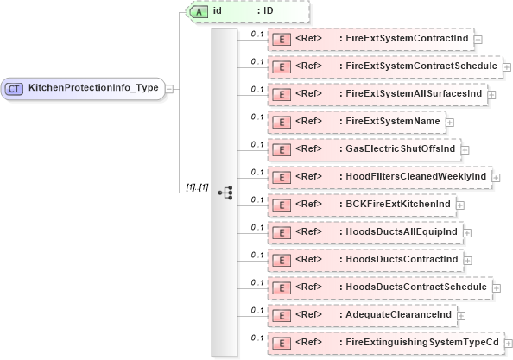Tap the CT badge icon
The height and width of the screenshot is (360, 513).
point(15,87)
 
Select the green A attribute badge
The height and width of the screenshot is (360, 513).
point(197,11)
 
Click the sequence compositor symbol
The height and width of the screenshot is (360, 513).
point(225,192)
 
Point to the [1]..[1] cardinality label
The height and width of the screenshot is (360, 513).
point(198,187)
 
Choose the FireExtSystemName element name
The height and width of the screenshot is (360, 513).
point(389,122)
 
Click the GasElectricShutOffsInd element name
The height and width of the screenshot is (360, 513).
point(398,149)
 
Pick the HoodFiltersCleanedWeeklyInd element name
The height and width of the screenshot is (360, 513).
point(415,177)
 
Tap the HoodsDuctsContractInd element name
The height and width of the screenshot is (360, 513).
point(399,260)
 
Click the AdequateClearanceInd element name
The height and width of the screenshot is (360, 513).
point(396,315)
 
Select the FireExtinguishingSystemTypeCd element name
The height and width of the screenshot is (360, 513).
point(419,343)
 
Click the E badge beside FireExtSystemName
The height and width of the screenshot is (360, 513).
point(280,123)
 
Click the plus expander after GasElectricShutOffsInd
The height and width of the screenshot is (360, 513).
point(465,150)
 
